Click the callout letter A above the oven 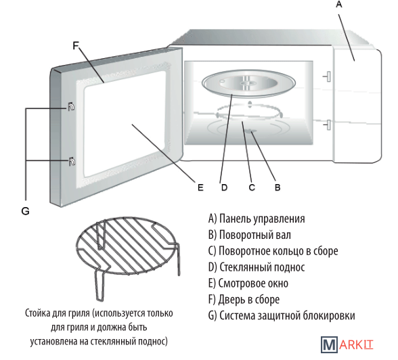339,4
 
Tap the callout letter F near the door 76,45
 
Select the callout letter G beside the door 26,211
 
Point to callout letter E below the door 200,187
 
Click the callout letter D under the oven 224,187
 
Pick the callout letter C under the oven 252,187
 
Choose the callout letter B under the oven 278,187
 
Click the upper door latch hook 71,106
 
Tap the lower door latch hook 72,161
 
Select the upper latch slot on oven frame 327,76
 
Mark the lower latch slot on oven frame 327,125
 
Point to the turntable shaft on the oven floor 251,131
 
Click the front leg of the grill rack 99,286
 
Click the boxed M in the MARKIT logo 329,344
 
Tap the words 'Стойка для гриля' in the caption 58,313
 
